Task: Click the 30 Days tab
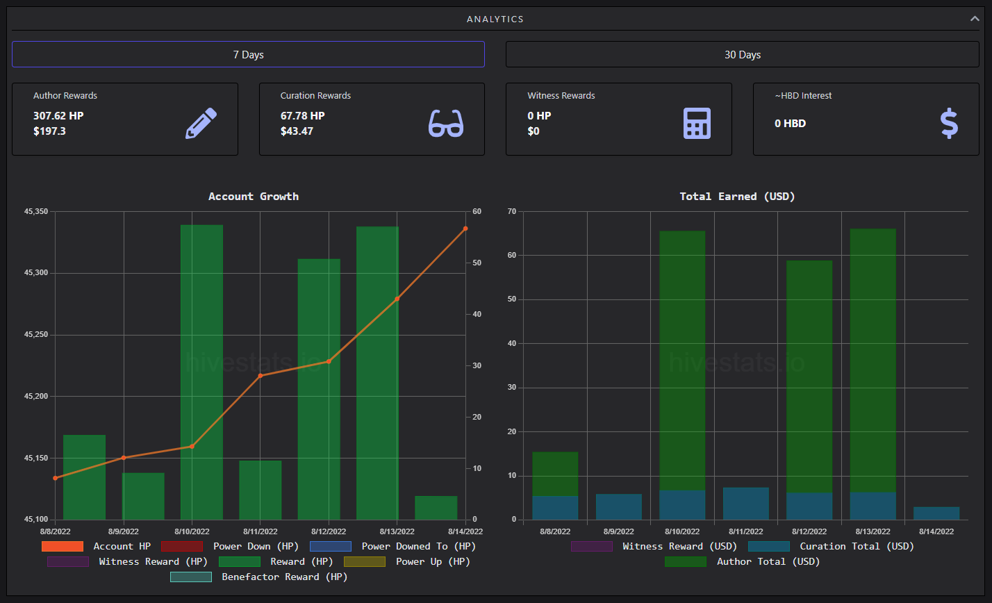point(742,54)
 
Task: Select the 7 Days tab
point(248,54)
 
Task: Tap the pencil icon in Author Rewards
point(201,123)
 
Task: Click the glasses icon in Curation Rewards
point(446,123)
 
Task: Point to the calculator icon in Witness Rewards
point(697,123)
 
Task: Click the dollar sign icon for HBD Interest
point(949,123)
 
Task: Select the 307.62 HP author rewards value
point(58,116)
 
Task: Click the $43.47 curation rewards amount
point(297,131)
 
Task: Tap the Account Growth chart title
point(254,196)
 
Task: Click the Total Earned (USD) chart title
point(737,196)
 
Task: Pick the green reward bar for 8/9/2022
point(143,496)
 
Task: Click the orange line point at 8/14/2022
point(465,229)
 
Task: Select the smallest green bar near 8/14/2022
point(436,508)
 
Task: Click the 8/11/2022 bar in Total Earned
point(746,504)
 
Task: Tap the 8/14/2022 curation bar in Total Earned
point(936,513)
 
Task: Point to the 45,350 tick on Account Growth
point(36,212)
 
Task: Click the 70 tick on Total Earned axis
point(512,212)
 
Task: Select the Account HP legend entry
point(96,546)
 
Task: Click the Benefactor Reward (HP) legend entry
point(259,577)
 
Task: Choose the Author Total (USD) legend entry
point(742,561)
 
